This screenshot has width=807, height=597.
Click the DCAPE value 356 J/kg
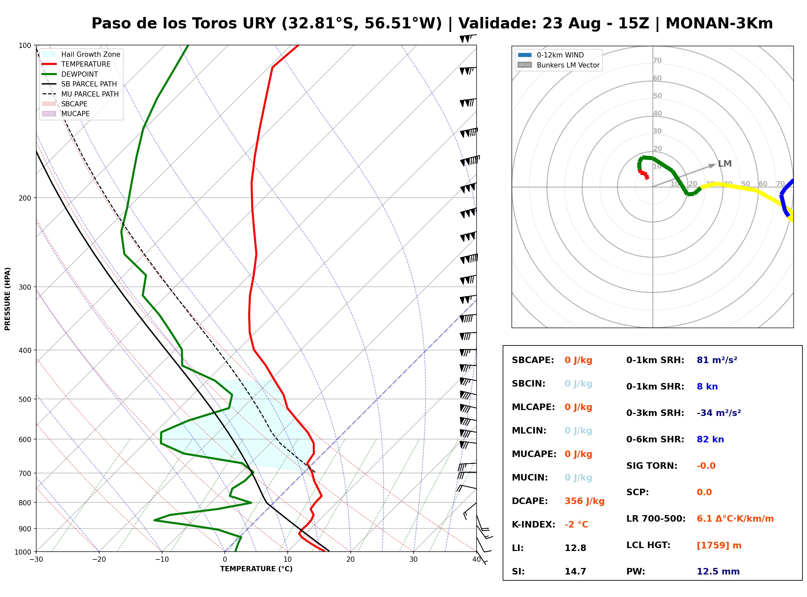pos(584,501)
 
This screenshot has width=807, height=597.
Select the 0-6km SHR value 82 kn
pos(710,439)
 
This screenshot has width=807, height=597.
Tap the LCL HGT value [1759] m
pos(719,545)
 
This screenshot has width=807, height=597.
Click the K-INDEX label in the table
pos(534,525)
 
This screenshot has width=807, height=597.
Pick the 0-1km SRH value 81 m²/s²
pos(717,360)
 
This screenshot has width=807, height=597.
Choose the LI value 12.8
pos(575,548)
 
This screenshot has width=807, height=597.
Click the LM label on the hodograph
pos(725,164)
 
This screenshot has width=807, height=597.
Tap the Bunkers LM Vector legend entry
pos(558,65)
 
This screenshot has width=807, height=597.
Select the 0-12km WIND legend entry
pos(551,55)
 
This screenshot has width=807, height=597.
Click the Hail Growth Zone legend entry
pos(81,54)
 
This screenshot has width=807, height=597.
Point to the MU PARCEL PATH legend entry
pos(81,94)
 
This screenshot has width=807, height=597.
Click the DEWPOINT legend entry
pos(70,74)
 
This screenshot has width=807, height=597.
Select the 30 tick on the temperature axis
pos(413,559)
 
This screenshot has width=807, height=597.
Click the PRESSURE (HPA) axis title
pos(8,299)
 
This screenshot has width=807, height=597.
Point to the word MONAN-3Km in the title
pos(719,23)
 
